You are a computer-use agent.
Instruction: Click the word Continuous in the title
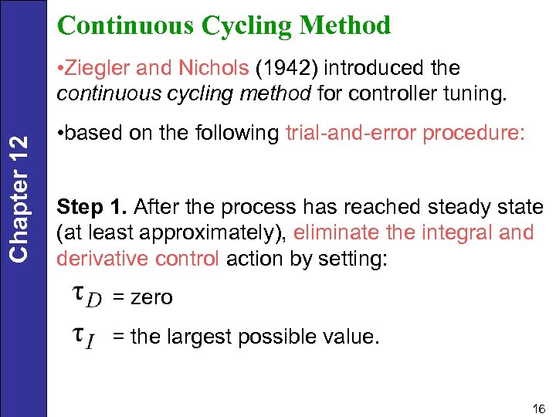(125, 25)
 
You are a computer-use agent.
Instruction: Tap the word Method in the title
(347, 25)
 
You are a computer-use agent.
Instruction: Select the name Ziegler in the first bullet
(96, 68)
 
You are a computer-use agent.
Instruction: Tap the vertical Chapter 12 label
(23, 198)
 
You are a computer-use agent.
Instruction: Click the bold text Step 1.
(91, 207)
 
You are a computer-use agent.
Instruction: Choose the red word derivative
(101, 258)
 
